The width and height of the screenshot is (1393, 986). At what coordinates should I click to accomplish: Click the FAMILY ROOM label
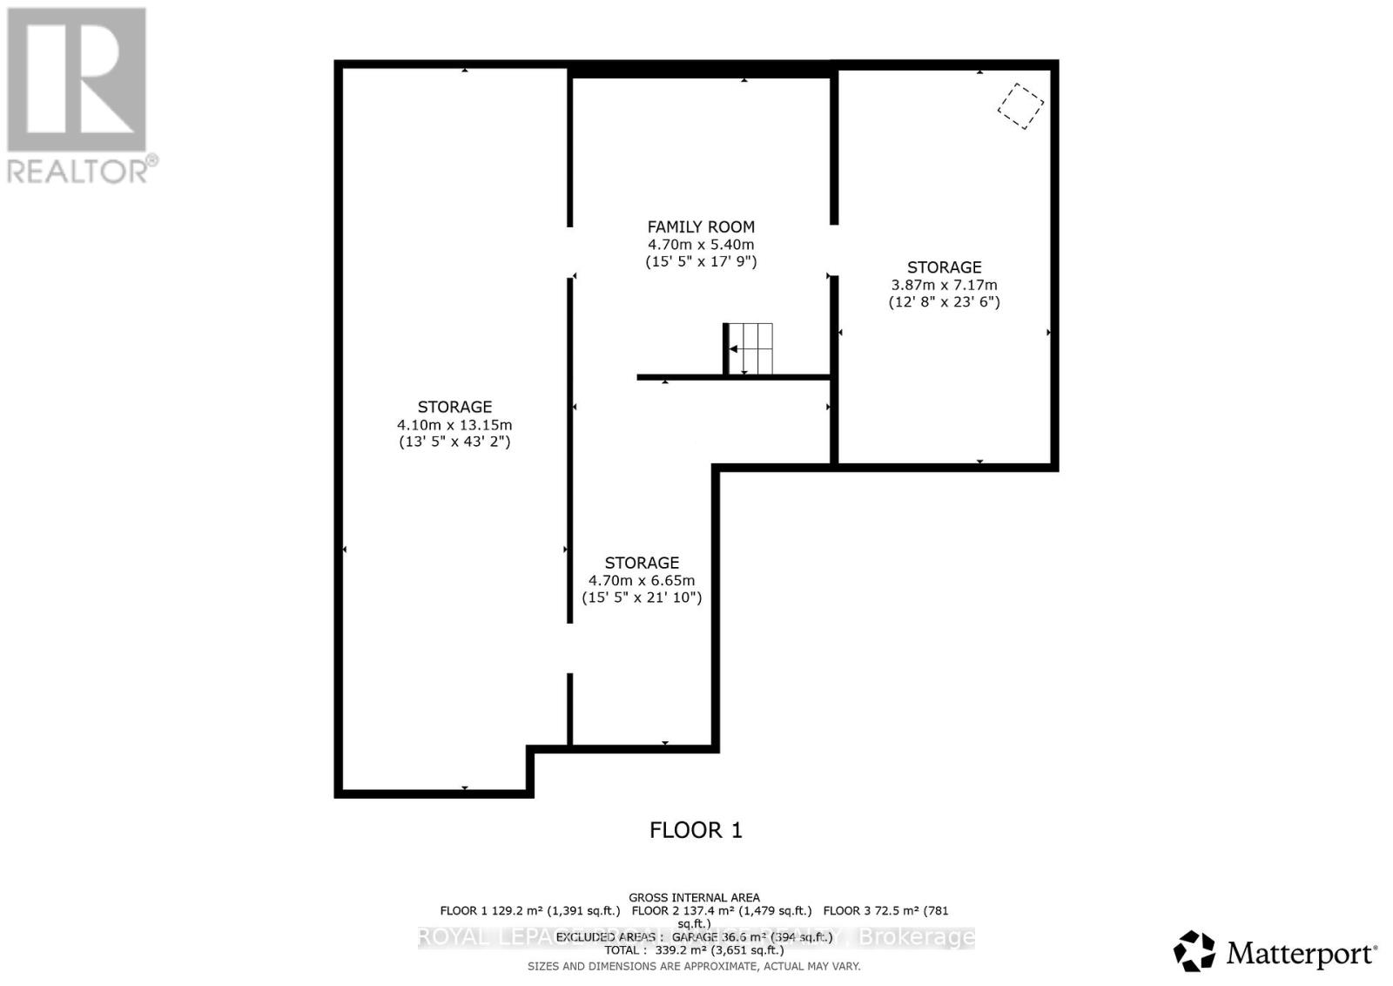click(700, 226)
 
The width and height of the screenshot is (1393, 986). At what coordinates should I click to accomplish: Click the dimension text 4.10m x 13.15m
click(454, 425)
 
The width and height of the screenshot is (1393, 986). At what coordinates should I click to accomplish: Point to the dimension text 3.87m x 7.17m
click(944, 285)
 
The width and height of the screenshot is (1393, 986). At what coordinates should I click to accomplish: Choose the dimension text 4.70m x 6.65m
click(642, 581)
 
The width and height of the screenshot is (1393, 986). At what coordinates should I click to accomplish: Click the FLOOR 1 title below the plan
click(696, 830)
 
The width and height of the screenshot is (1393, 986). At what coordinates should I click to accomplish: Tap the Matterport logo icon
click(1194, 951)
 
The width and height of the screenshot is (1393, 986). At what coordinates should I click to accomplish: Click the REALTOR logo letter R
click(77, 79)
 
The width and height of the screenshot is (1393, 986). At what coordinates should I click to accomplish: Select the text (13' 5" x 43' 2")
click(454, 442)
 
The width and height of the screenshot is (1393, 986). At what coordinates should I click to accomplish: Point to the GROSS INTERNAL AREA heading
click(694, 897)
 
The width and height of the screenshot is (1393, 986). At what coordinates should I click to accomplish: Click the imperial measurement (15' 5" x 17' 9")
click(700, 261)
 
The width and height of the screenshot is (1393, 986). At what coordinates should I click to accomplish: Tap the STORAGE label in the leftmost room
click(454, 407)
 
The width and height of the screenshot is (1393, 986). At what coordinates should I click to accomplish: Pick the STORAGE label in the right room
click(944, 267)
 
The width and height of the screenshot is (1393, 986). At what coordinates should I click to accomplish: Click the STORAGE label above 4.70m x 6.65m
click(642, 563)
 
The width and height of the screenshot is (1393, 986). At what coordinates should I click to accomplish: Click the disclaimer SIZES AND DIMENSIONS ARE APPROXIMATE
click(694, 966)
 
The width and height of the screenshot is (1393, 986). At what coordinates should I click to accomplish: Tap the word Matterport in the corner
click(1301, 954)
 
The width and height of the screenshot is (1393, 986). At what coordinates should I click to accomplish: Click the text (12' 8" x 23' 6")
click(944, 302)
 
